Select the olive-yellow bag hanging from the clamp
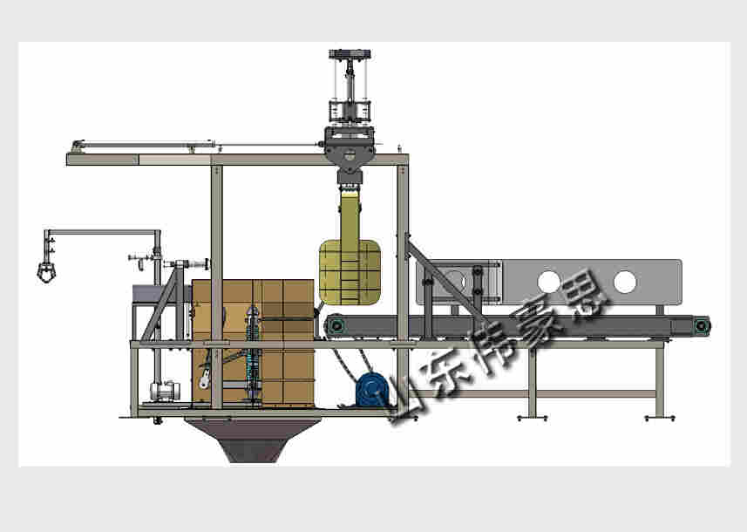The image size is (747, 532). point(350,260)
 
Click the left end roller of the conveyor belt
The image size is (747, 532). point(336,326)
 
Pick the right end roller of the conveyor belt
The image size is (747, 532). point(701,326)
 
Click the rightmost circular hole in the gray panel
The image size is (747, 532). point(625,282)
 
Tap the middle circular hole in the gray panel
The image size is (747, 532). point(548,282)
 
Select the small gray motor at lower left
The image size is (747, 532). point(165,391)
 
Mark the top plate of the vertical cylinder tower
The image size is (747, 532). point(350,54)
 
